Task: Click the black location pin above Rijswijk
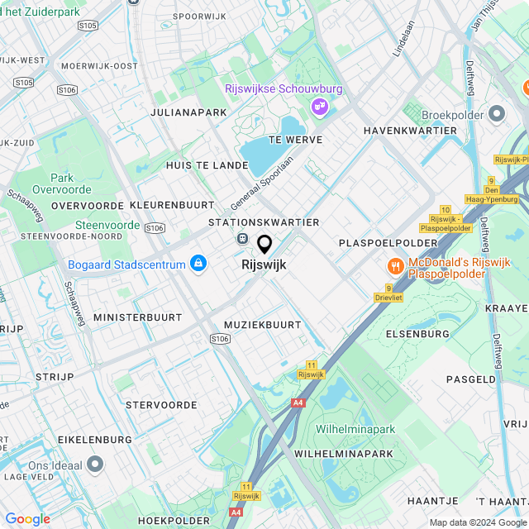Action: coord(264,245)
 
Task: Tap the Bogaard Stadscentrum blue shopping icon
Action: coord(198,264)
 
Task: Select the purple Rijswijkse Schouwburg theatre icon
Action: coord(319,106)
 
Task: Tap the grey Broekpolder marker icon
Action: coord(497,113)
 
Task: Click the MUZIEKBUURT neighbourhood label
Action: coord(263,325)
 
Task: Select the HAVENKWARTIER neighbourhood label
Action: coord(410,131)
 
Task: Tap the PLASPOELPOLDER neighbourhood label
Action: coord(388,242)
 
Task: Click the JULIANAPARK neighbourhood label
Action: coord(188,112)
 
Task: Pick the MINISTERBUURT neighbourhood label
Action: coord(137,317)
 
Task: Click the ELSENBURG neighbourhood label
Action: coord(417,334)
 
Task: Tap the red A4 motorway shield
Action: coord(298,403)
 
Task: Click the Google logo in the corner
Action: coord(27,519)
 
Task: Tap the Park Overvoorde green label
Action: coord(62,183)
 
